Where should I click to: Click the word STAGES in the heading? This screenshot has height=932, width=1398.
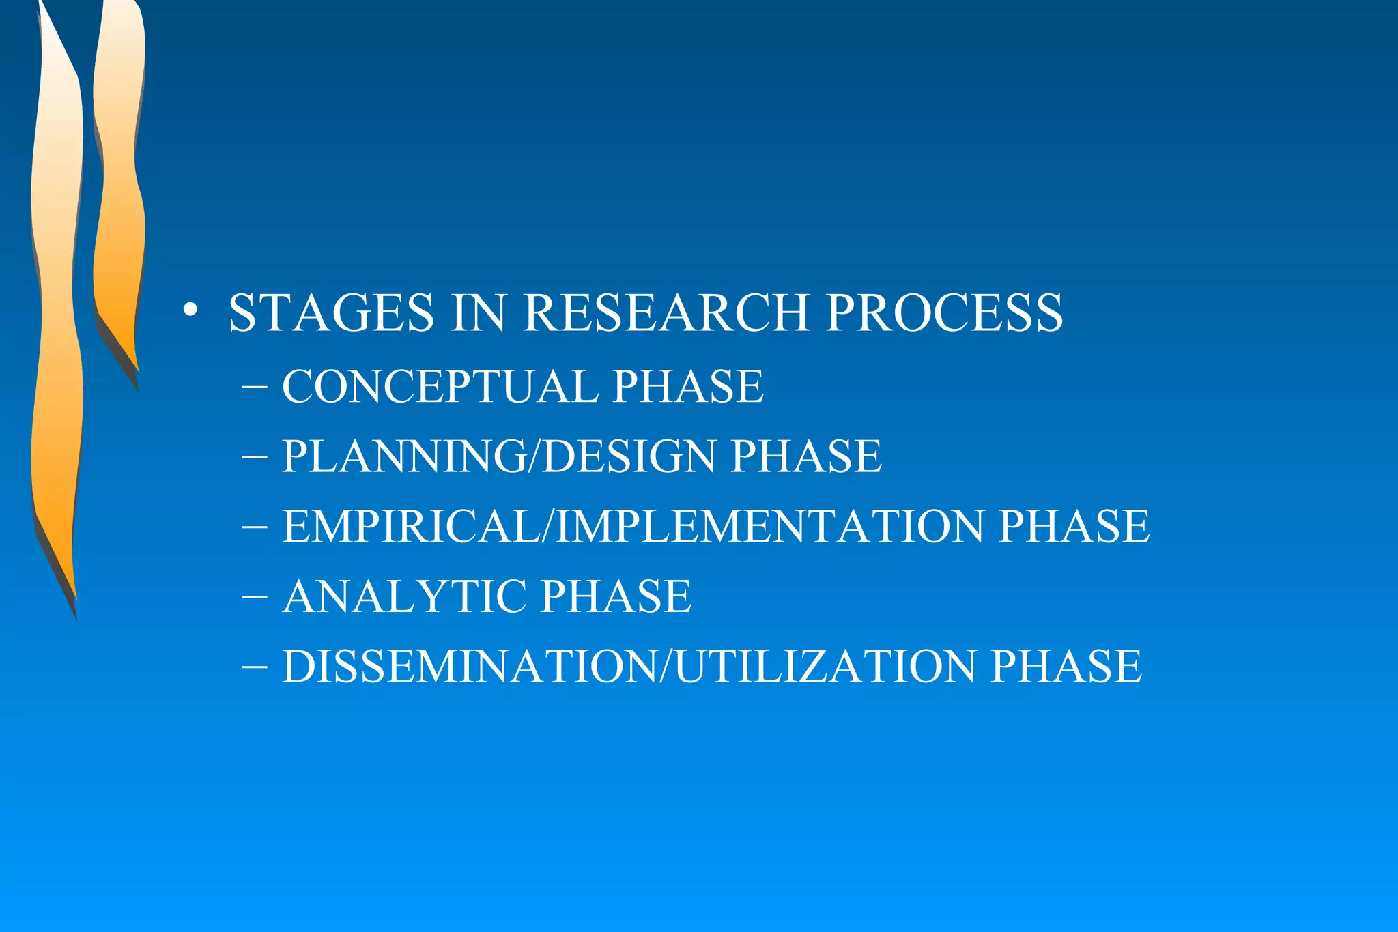click(x=331, y=312)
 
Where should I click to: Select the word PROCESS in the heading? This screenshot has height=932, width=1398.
click(x=944, y=312)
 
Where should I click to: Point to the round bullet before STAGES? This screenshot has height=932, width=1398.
click(x=190, y=310)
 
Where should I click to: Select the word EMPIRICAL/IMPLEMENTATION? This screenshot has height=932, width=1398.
click(x=632, y=526)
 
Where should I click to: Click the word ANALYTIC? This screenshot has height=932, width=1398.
click(x=403, y=596)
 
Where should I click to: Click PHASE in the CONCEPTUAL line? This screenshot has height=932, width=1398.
click(x=687, y=386)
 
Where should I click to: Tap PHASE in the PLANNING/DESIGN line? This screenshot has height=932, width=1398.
click(x=806, y=456)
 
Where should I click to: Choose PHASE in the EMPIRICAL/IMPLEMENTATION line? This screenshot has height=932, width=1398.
click(x=1074, y=526)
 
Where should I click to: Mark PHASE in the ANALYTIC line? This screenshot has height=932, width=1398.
click(x=616, y=596)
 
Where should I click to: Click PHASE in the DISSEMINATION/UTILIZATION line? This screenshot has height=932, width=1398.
click(x=1066, y=666)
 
